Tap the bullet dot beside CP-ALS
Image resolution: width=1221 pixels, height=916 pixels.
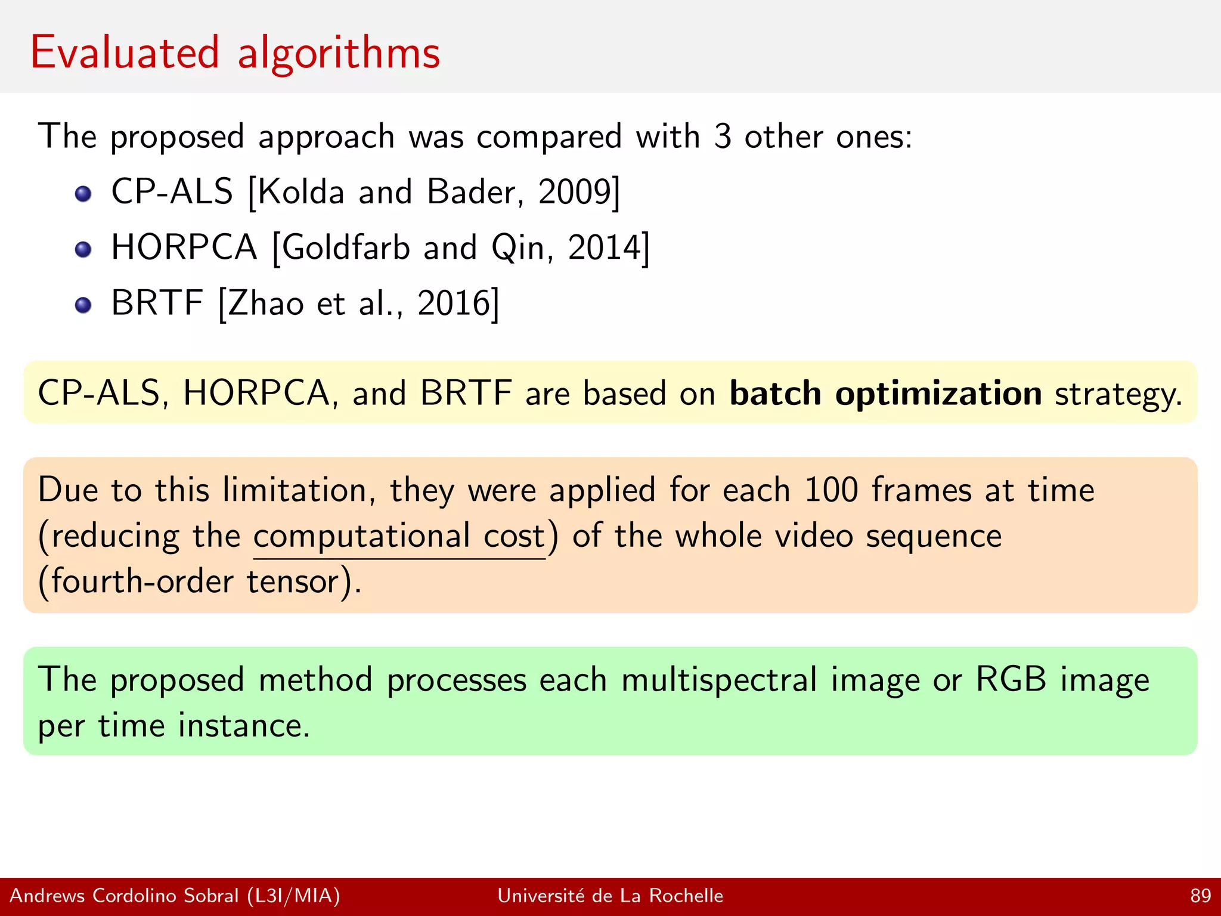[x=83, y=194]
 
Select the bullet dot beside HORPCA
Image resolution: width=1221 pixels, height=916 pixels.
[x=83, y=249]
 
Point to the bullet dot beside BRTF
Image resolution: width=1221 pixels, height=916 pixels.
[x=83, y=305]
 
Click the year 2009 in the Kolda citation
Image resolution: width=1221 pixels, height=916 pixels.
[x=575, y=192]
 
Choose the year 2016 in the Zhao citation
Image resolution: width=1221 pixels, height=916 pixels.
[x=454, y=303]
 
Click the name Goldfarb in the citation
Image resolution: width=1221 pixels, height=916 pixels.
[x=346, y=247]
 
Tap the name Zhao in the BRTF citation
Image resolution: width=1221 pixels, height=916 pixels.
[x=266, y=303]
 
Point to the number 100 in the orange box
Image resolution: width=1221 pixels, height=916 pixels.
[x=831, y=490]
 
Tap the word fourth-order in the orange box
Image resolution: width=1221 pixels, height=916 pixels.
[x=142, y=581]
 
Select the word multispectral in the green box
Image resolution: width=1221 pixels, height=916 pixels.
[x=719, y=680]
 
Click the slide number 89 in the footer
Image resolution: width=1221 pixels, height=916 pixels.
[x=1200, y=896]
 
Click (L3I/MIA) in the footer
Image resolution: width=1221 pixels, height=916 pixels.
[x=293, y=896]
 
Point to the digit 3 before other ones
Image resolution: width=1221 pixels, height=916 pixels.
[x=722, y=137]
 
